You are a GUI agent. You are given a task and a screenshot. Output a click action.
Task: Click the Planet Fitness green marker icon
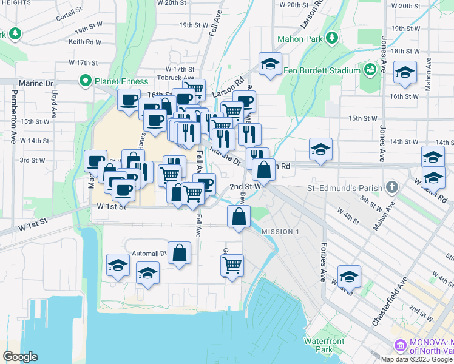tap(85, 81)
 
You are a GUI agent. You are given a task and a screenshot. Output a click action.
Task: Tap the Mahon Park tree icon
tap(332, 39)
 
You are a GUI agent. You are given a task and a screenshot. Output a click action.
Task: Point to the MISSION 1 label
tap(280, 232)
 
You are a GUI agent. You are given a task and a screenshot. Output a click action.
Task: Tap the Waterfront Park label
tap(324, 345)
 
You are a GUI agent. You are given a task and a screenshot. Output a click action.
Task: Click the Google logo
tap(20, 357)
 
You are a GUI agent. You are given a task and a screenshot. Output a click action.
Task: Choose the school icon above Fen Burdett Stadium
tap(270, 63)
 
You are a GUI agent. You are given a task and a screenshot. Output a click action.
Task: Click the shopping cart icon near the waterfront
tap(232, 265)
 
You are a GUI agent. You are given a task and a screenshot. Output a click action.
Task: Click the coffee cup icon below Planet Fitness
tap(129, 100)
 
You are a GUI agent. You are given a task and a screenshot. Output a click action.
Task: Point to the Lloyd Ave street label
tap(54, 104)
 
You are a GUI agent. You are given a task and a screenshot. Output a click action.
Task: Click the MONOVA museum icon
tap(400, 345)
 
